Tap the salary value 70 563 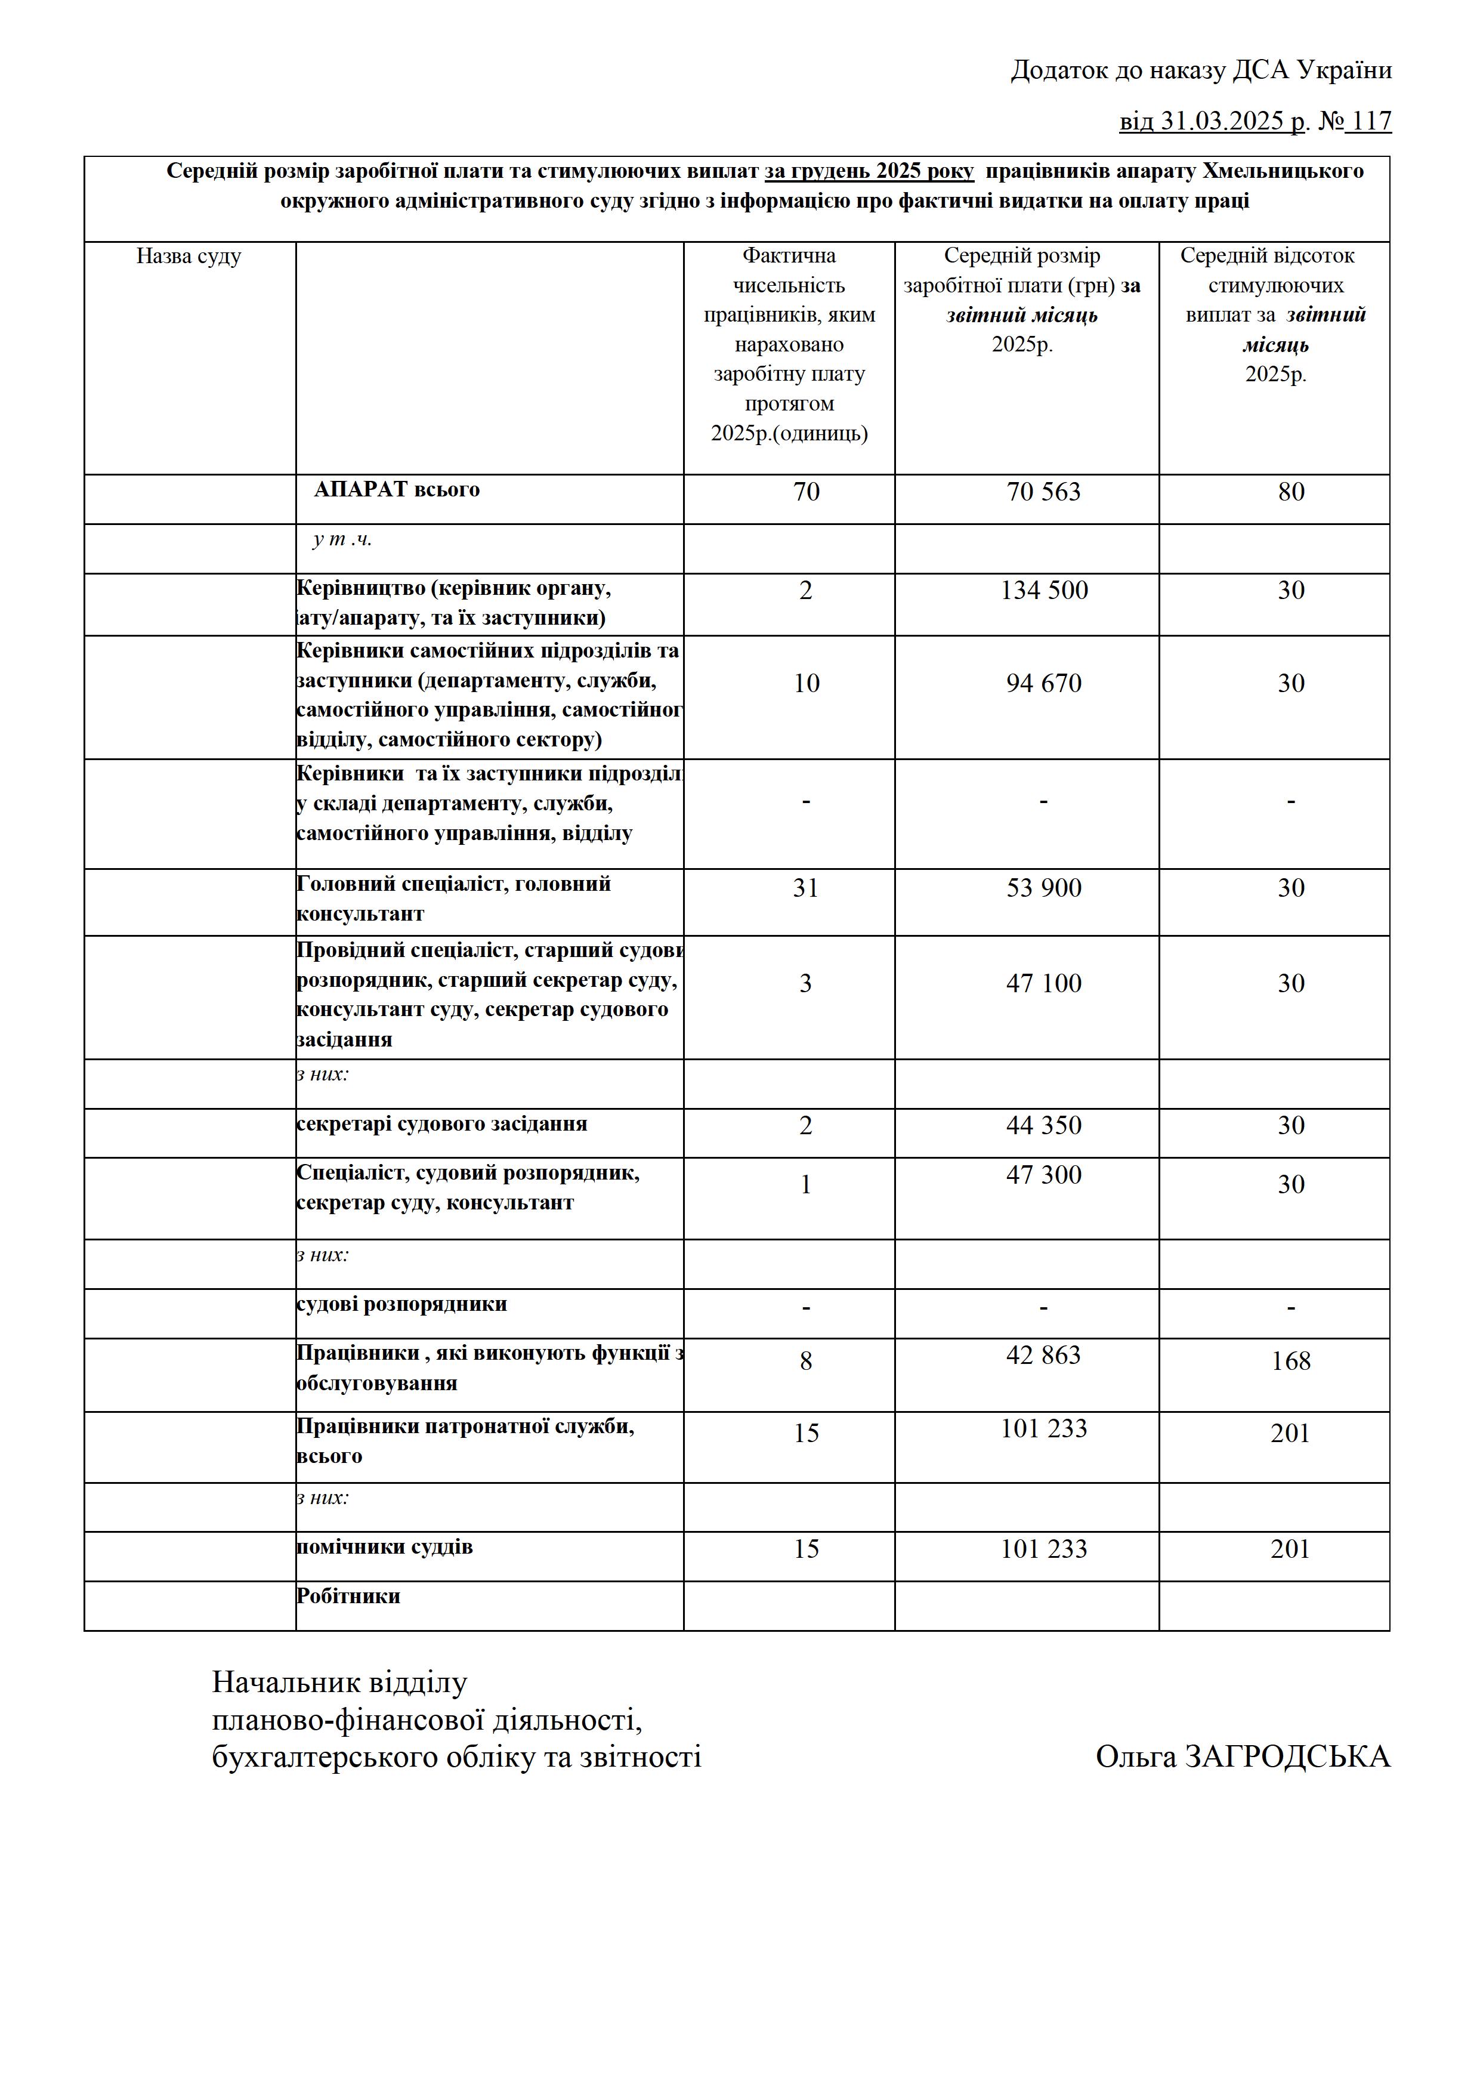pyautogui.click(x=1043, y=492)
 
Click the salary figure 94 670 pyautogui.click(x=1043, y=684)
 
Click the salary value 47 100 pyautogui.click(x=1043, y=984)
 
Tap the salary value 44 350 pyautogui.click(x=1043, y=1126)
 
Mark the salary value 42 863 pyautogui.click(x=1043, y=1356)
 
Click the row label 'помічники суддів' pyautogui.click(x=385, y=1547)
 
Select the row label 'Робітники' pyautogui.click(x=348, y=1596)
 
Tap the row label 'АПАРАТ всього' pyautogui.click(x=397, y=489)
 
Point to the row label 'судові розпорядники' pyautogui.click(x=402, y=1304)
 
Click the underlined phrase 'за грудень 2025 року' pyautogui.click(x=869, y=171)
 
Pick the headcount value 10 pyautogui.click(x=805, y=684)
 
